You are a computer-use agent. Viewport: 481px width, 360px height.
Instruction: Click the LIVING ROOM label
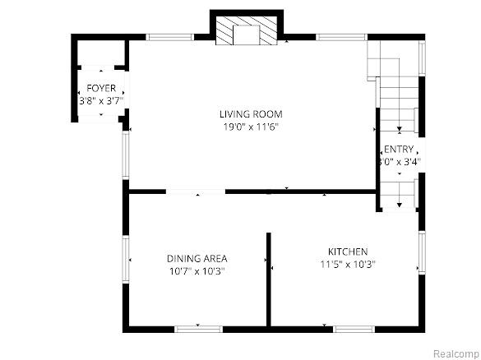(251, 114)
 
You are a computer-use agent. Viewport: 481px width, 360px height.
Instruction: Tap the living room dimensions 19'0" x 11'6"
(251, 127)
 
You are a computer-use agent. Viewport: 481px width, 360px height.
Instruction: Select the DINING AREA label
(197, 259)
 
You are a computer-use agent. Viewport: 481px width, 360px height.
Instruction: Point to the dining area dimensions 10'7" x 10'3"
(197, 271)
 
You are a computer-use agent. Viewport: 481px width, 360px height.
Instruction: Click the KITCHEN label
(348, 252)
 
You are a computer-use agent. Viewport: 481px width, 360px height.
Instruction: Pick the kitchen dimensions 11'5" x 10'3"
(348, 265)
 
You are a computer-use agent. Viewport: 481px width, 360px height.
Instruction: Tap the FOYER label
(101, 88)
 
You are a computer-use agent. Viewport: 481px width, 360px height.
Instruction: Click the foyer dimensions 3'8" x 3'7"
(101, 101)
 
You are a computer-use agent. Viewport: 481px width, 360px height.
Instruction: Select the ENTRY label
(399, 150)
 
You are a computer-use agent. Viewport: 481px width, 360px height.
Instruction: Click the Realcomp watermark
(457, 353)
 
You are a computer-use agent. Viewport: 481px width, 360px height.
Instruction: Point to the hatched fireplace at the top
(247, 30)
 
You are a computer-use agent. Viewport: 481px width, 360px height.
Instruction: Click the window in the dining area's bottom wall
(198, 330)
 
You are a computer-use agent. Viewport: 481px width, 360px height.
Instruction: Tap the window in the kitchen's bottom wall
(354, 330)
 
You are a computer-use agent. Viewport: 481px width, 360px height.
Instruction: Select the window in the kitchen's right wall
(422, 252)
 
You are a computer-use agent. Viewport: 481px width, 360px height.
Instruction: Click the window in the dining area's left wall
(126, 259)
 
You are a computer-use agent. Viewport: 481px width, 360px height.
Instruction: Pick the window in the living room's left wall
(126, 155)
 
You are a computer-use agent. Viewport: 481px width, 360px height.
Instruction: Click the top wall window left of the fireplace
(169, 37)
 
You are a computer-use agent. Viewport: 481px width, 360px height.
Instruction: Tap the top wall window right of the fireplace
(341, 37)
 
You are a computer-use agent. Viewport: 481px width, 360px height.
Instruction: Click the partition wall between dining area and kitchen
(269, 279)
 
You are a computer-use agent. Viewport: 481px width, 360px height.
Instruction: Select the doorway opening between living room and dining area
(196, 192)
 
